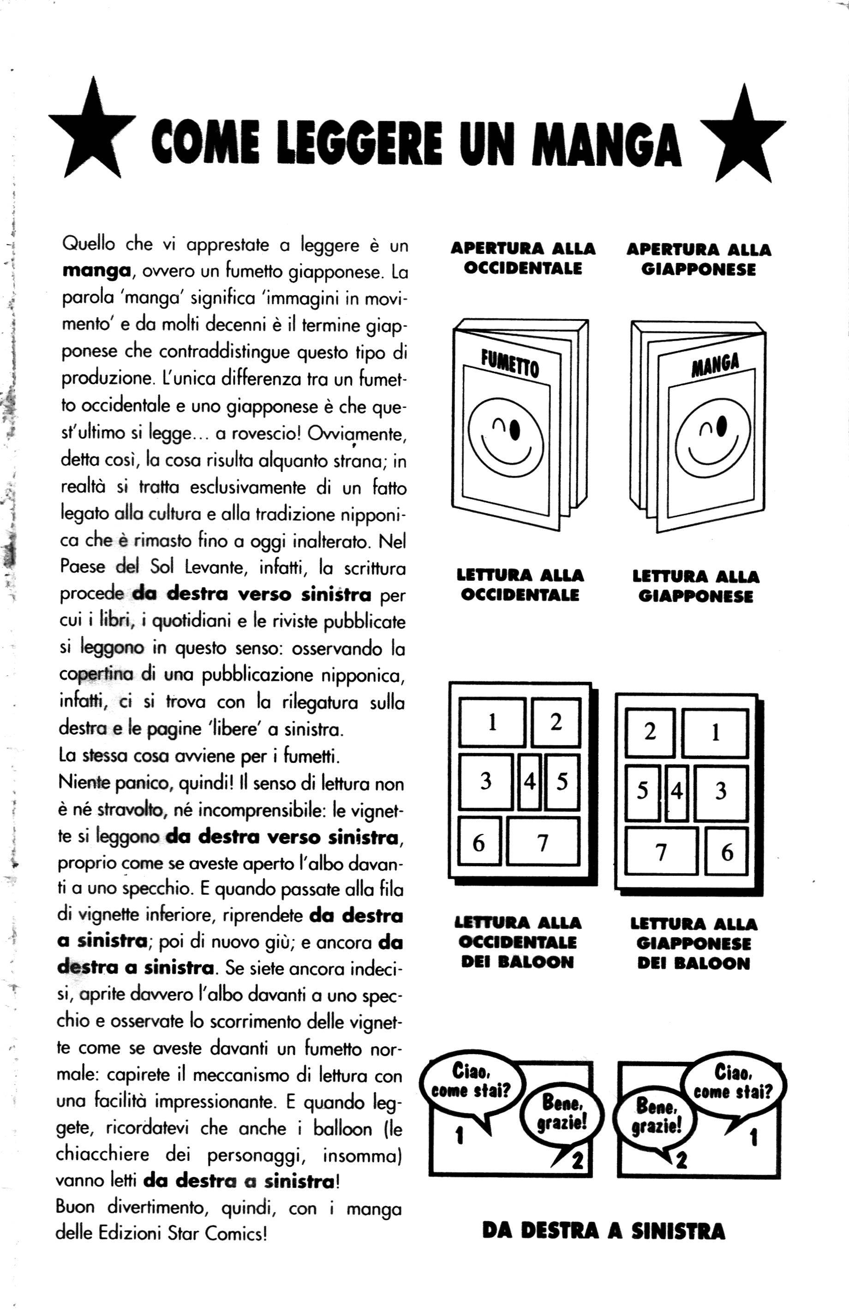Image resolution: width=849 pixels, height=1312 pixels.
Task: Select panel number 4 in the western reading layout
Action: [529, 781]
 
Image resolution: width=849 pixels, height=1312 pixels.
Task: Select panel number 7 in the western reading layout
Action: [543, 842]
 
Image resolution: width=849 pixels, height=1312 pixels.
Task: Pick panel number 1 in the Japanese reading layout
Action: [715, 733]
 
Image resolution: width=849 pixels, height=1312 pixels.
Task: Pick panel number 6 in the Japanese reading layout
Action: [727, 851]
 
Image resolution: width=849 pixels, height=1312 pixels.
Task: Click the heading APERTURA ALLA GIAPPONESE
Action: [699, 260]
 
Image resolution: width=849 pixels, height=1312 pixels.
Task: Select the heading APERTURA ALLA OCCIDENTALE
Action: [523, 258]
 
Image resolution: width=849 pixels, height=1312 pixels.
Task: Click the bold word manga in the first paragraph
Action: [96, 271]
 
